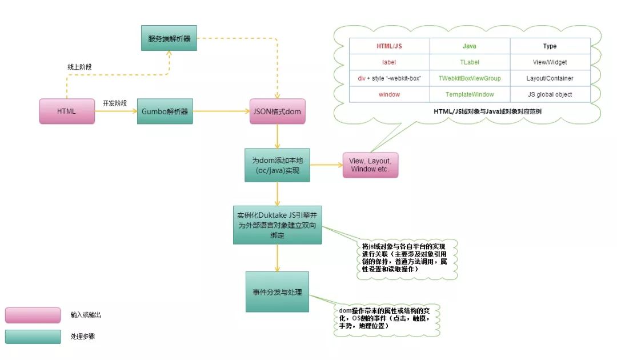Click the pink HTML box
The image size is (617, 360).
pyautogui.click(x=67, y=111)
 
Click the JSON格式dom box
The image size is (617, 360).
pyautogui.click(x=278, y=111)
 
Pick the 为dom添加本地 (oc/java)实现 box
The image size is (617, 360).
pyautogui.click(x=277, y=165)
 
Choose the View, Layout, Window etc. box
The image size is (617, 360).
pyautogui.click(x=370, y=165)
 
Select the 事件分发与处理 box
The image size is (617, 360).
pyautogui.click(x=277, y=292)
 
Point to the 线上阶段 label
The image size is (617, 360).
pyautogui.click(x=79, y=67)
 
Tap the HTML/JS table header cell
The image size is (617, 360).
pyautogui.click(x=389, y=46)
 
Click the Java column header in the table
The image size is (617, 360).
pyautogui.click(x=469, y=46)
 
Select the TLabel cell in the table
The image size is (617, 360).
pyautogui.click(x=469, y=62)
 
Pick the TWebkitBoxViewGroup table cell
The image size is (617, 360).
pyautogui.click(x=469, y=78)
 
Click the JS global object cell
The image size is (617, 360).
pyautogui.click(x=550, y=94)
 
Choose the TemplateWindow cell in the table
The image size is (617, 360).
pyautogui.click(x=469, y=94)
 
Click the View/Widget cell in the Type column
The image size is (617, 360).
pyautogui.click(x=550, y=62)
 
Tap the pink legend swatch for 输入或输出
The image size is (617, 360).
pyautogui.click(x=33, y=315)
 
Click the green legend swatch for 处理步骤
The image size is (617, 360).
pyautogui.click(x=33, y=336)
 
